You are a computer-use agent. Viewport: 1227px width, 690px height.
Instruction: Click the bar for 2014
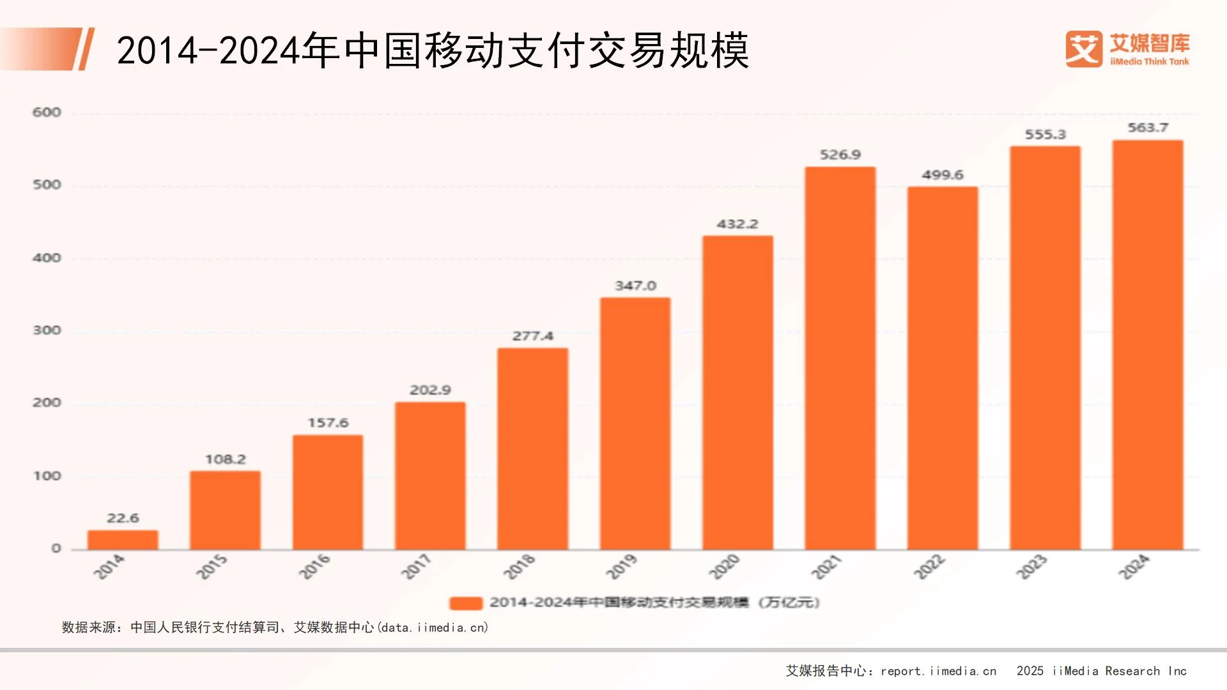(123, 540)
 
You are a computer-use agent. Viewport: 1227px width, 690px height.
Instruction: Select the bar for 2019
(635, 424)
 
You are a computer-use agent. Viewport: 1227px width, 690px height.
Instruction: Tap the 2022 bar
(943, 369)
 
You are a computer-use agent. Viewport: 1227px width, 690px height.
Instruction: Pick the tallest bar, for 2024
(1148, 345)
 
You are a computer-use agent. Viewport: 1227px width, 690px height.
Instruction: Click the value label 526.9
(840, 155)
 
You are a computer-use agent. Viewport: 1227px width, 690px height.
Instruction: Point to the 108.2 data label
(225, 459)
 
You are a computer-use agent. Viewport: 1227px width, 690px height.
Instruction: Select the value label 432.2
(737, 224)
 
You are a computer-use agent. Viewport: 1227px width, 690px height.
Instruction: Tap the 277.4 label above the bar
(532, 336)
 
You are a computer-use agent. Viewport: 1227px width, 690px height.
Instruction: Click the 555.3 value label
(1046, 135)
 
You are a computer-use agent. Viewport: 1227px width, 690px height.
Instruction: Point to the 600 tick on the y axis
(47, 112)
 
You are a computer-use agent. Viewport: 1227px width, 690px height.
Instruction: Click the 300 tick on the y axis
(47, 330)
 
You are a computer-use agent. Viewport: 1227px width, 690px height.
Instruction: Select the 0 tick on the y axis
(56, 548)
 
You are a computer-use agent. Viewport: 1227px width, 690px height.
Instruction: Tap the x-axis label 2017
(416, 567)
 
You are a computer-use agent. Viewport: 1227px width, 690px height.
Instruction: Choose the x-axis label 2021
(826, 567)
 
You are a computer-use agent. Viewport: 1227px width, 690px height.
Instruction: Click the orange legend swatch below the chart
(466, 603)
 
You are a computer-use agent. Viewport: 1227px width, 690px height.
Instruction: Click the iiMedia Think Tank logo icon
(1083, 49)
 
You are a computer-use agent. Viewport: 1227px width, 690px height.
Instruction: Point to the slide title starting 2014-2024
(432, 50)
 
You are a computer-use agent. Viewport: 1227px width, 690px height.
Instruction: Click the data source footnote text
(275, 627)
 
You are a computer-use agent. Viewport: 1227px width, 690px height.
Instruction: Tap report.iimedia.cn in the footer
(938, 671)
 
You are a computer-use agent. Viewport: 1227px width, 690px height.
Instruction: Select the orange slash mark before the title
(86, 49)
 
